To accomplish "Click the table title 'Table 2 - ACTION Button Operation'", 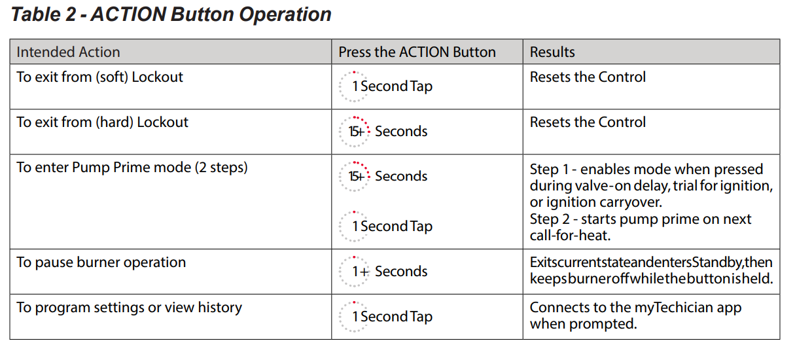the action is (171, 15).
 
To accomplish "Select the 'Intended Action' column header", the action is (68, 52).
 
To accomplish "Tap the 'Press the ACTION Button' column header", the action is (417, 52).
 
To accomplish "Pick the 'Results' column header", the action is (552, 52).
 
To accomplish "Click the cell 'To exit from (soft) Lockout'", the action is (99, 77).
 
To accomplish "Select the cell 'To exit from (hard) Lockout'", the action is (102, 122).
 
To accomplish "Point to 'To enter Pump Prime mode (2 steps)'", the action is (132, 168).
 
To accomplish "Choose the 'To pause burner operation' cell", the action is (101, 262).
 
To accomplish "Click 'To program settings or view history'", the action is (129, 308).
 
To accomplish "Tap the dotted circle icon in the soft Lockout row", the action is (354, 86).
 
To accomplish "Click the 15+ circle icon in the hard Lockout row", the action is (354, 132).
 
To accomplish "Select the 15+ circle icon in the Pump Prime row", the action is (354, 177).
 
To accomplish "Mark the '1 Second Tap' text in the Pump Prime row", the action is (392, 226).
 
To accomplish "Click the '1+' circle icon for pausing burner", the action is (354, 272).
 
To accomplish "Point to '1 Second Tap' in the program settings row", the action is (392, 317).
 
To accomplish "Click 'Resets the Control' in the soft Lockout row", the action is (588, 77).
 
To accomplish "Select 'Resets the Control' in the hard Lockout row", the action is (588, 122).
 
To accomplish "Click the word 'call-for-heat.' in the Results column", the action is (571, 236).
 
